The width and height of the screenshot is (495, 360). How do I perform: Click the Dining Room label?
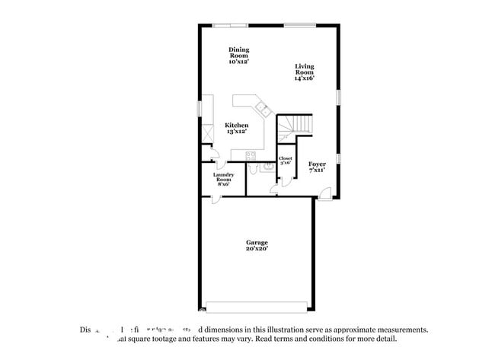click(239, 56)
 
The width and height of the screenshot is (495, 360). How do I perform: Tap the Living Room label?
click(305, 72)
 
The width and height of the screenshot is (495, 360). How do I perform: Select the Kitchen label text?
click(236, 128)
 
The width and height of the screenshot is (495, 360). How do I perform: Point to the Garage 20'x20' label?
click(257, 245)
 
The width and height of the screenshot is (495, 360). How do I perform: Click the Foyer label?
click(317, 167)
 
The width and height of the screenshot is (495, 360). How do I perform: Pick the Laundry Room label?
click(223, 179)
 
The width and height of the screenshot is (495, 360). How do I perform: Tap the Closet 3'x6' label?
click(286, 161)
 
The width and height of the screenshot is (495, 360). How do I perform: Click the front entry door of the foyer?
click(324, 195)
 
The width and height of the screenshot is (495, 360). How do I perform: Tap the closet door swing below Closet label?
click(285, 181)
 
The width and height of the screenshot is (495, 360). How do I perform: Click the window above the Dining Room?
click(226, 26)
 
